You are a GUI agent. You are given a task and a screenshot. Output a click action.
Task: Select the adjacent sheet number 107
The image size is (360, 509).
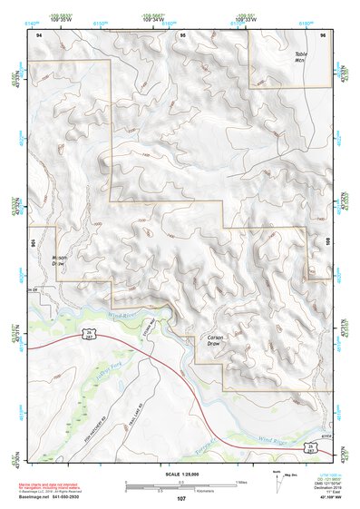pyautogui.click(x=180, y=497)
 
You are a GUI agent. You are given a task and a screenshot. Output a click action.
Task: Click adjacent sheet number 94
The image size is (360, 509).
pyautogui.click(x=39, y=34)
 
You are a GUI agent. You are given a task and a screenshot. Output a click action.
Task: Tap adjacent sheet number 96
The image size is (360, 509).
pyautogui.click(x=322, y=34)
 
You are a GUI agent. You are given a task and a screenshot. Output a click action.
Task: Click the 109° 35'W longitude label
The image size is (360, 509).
pyautogui.click(x=62, y=18)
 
